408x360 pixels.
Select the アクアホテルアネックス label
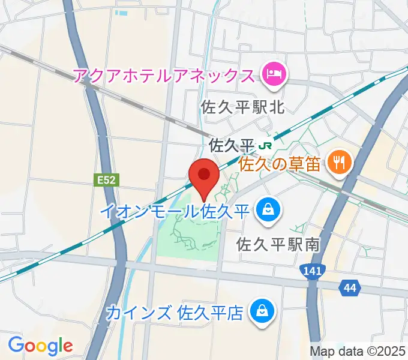(163, 76)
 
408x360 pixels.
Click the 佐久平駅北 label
(243, 107)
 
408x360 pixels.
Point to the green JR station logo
(265, 145)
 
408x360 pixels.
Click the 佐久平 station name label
(232, 145)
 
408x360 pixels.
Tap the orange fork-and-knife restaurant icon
(340, 161)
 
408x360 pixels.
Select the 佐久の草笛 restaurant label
(282, 163)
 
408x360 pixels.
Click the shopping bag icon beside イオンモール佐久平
(265, 209)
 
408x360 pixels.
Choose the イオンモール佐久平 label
(174, 211)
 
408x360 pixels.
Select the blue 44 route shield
(350, 289)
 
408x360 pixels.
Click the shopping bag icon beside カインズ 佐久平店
(262, 311)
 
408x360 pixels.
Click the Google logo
(40, 346)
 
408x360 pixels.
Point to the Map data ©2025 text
(358, 351)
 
